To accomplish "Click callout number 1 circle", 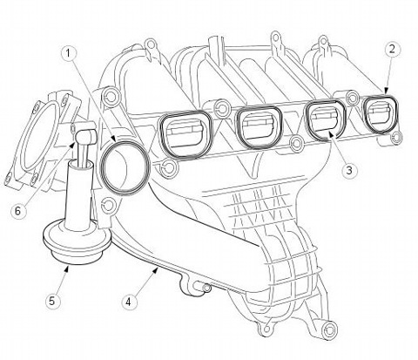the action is (x=69, y=54).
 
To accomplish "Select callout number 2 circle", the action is (x=392, y=50).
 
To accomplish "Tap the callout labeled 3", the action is (x=349, y=170).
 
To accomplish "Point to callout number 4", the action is (x=128, y=302).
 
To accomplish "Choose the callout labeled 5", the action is (x=51, y=301).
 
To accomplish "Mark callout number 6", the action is (x=18, y=211).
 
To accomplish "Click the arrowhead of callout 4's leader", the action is (x=156, y=270).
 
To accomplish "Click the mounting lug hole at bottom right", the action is (x=330, y=329).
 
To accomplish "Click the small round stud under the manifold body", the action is (x=206, y=288).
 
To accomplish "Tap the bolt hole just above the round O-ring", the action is (x=111, y=95).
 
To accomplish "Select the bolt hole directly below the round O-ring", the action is (x=108, y=206).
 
